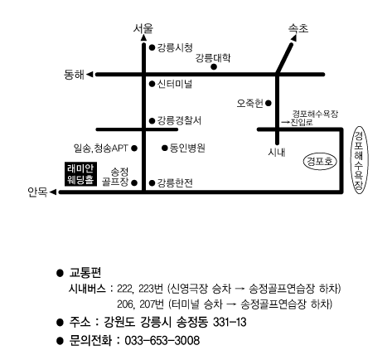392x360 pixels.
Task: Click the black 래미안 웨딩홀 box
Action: (80, 173)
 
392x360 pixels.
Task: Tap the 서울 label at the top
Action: (143, 28)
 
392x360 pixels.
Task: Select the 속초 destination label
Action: (298, 28)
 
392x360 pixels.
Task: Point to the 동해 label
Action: (74, 75)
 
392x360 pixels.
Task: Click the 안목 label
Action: (37, 192)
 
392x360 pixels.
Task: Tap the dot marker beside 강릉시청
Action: (152, 47)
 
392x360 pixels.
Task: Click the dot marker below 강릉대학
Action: (214, 66)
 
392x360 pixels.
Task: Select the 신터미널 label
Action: (175, 84)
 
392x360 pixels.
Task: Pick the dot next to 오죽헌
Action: (269, 103)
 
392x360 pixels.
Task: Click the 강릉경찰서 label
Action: (179, 120)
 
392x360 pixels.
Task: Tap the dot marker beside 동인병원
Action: (165, 148)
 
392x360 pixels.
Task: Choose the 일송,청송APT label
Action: (101, 148)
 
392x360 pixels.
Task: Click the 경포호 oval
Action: (320, 161)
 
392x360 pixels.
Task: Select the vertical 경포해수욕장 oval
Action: (359, 160)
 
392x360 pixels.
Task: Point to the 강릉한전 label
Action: (175, 182)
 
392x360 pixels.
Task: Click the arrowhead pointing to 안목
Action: (53, 192)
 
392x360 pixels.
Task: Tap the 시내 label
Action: (277, 153)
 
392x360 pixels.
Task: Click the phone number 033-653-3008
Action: (162, 340)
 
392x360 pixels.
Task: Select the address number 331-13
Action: (230, 322)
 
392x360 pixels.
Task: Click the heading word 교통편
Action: (85, 273)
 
